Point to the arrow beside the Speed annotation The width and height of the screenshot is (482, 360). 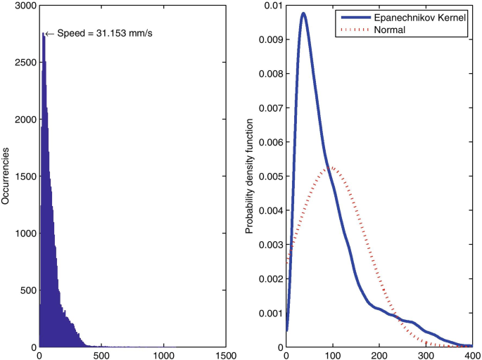49,34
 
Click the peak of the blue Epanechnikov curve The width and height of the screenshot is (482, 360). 303,13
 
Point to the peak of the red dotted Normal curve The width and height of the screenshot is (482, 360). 331,167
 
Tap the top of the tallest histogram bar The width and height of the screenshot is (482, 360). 43,34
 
